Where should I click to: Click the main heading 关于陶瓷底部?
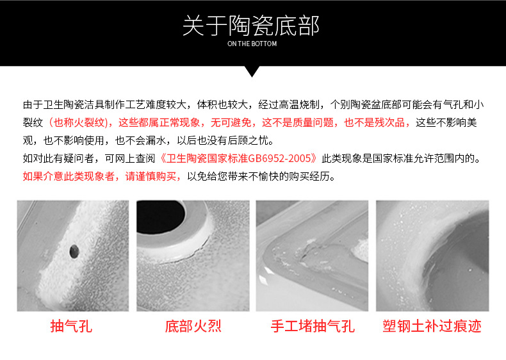point(251,26)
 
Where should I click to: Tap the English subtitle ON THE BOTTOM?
point(252,44)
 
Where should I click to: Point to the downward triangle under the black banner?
point(252,72)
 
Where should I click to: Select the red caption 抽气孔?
point(71,326)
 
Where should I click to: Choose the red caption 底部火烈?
point(193,326)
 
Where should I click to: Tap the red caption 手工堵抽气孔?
point(313,326)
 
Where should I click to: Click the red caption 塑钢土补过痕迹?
point(432,326)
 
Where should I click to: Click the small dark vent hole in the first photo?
point(74,251)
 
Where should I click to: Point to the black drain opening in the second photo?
point(160,216)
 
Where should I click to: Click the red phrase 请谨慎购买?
point(151,176)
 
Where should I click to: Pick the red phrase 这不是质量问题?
point(298,123)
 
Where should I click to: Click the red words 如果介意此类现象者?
point(69,176)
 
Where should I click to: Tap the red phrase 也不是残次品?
point(374,123)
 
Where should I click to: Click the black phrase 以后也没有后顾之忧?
point(223,140)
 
